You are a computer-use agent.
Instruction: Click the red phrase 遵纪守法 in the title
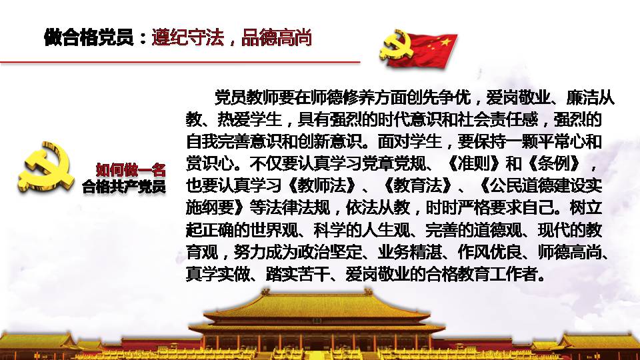[x=188, y=37]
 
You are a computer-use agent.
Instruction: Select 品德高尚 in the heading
[x=276, y=37]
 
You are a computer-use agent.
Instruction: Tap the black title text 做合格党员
[x=89, y=37]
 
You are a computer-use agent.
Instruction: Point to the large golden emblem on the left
[x=46, y=167]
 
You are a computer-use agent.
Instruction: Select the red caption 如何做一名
[x=131, y=169]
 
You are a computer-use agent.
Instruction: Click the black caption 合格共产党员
[x=124, y=187]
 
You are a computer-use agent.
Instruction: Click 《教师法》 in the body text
[x=322, y=186]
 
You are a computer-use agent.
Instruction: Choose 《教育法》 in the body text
[x=418, y=186]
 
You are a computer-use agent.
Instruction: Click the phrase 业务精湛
[x=410, y=252]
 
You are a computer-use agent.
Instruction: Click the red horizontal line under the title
[x=180, y=62]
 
